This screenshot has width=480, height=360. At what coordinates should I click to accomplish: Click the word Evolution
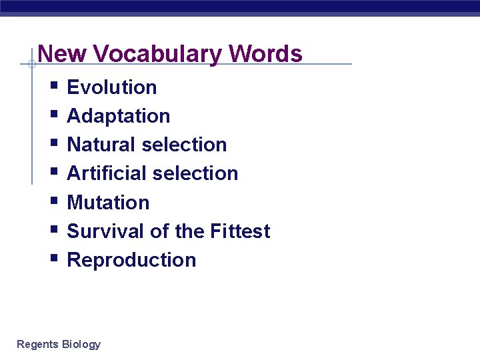click(112, 87)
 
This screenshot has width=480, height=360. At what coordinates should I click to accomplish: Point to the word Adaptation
click(119, 116)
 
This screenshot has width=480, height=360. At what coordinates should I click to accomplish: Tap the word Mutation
click(109, 202)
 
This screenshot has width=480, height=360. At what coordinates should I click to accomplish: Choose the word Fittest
click(240, 231)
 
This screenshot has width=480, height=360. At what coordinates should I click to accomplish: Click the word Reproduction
click(132, 260)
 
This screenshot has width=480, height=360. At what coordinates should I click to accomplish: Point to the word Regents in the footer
click(37, 344)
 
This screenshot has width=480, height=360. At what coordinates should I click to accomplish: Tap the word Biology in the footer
click(81, 344)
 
